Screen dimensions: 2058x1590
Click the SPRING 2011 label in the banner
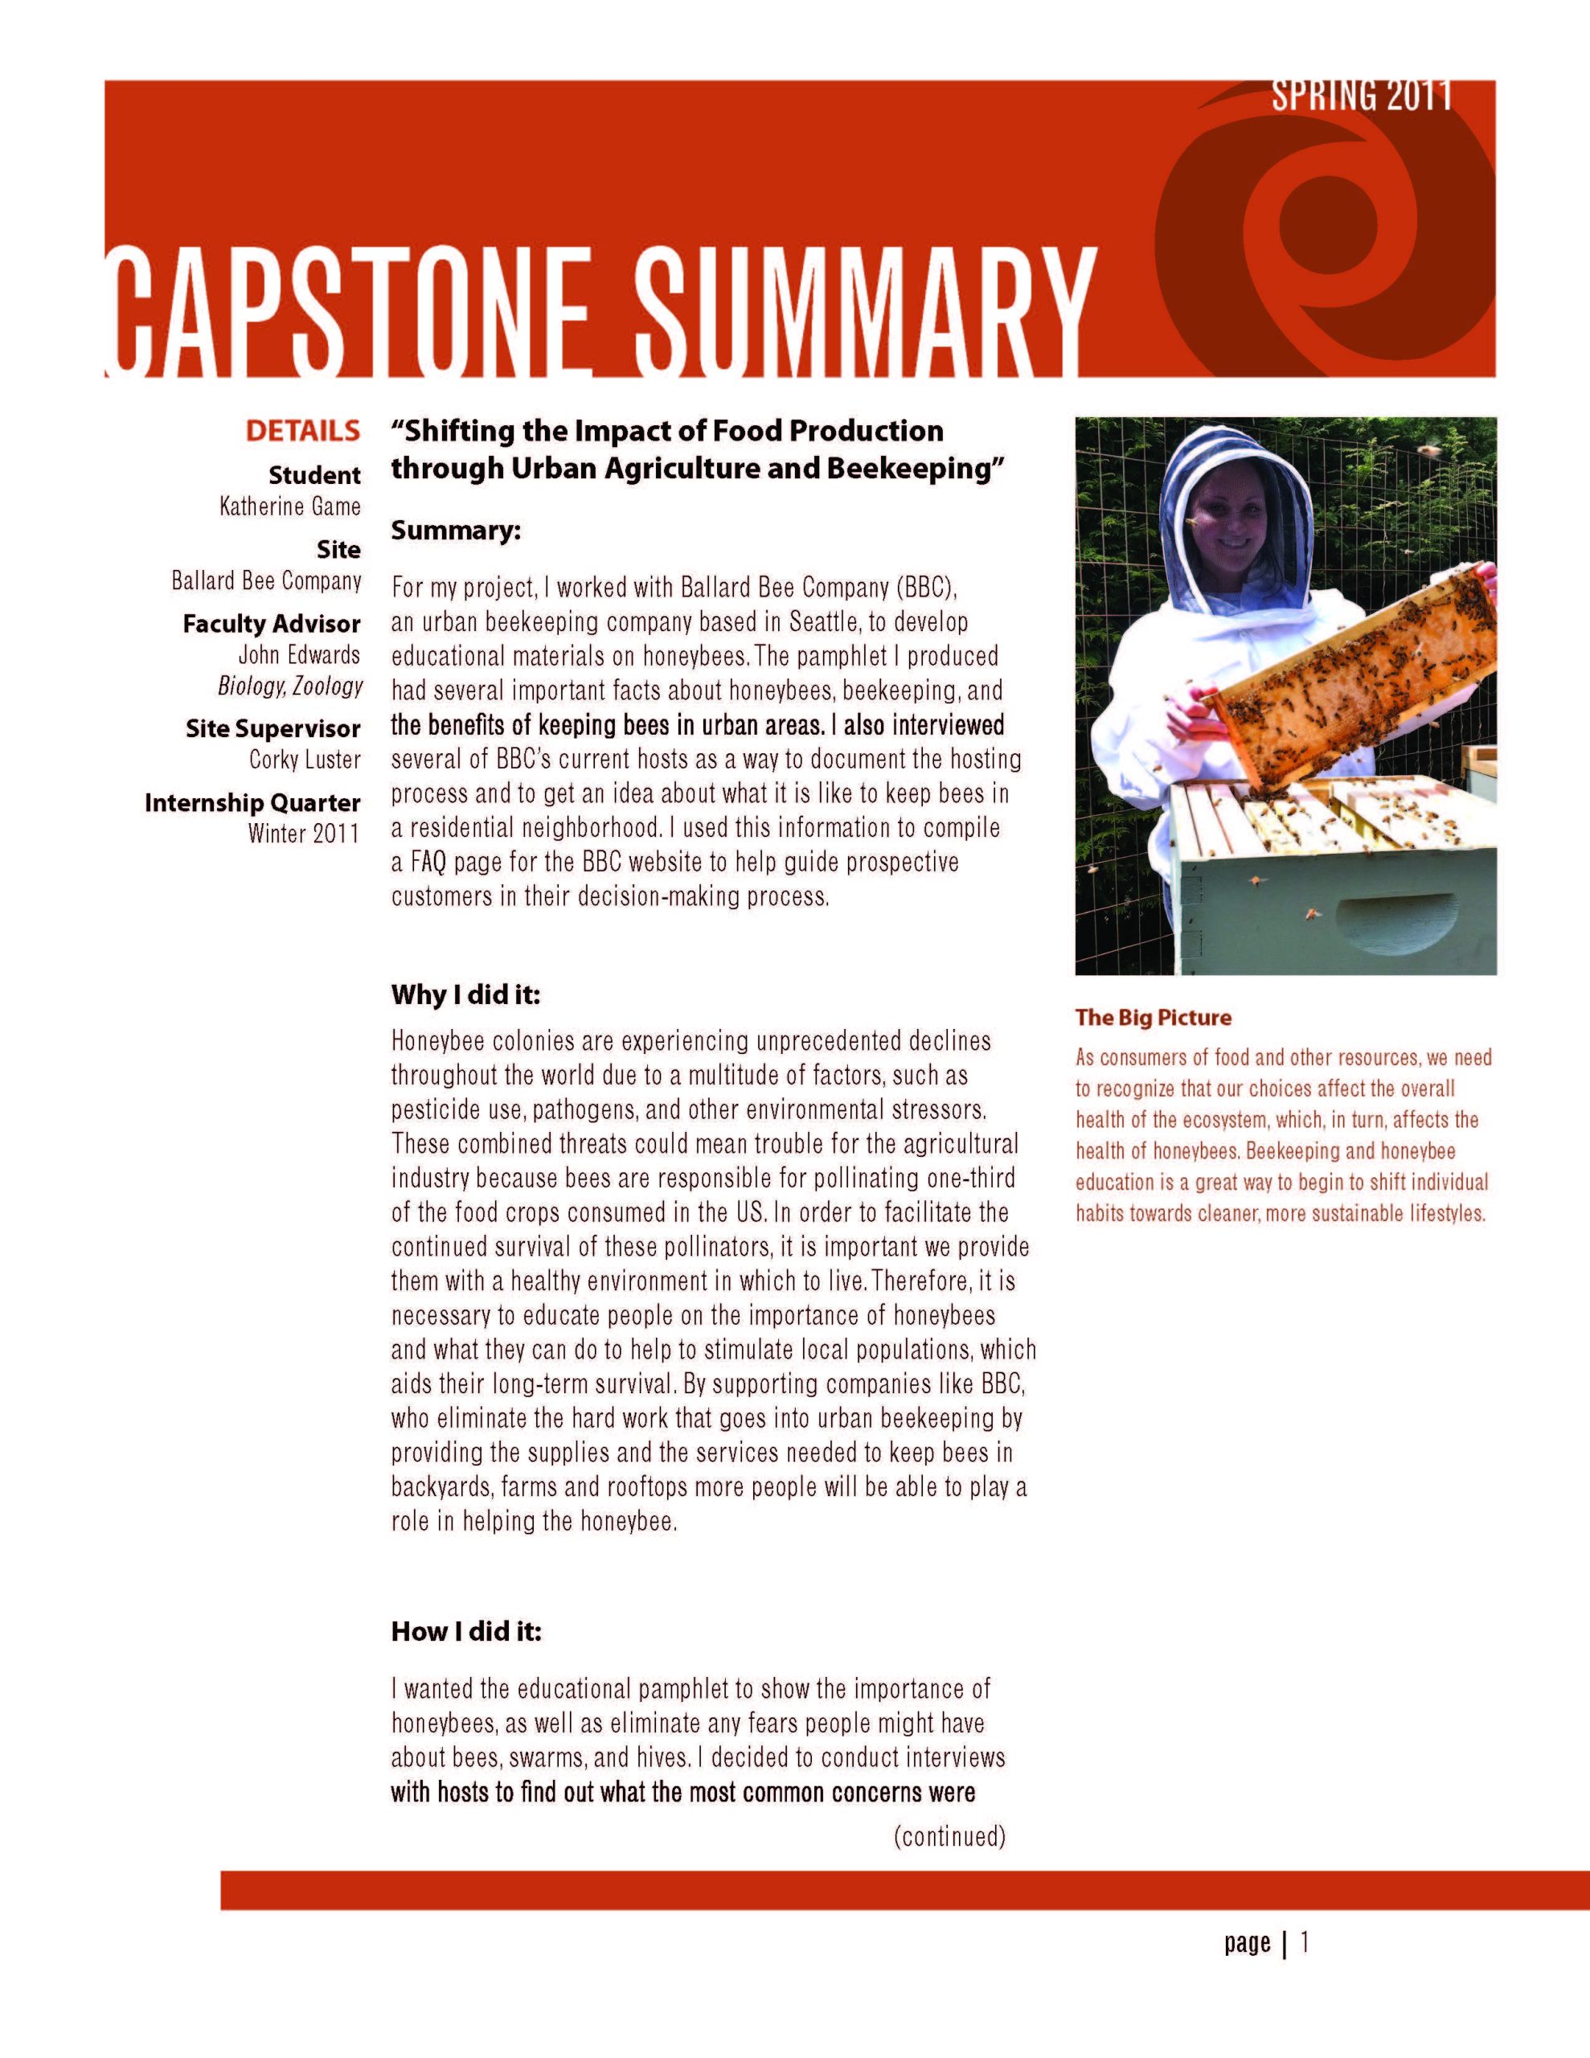click(x=1361, y=97)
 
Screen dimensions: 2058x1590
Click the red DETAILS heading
click(x=302, y=432)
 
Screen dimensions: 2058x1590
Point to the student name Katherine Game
click(x=290, y=507)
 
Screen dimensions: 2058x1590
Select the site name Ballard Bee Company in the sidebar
click(x=267, y=580)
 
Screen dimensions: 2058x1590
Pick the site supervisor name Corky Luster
click(x=305, y=760)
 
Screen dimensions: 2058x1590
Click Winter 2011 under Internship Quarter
click(x=304, y=833)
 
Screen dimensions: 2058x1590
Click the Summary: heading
click(x=456, y=531)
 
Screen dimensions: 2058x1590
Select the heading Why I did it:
click(x=465, y=995)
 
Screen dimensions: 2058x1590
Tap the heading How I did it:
click(x=466, y=1632)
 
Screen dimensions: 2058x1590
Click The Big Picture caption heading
click(x=1153, y=1018)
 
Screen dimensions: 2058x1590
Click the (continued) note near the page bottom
click(x=949, y=1837)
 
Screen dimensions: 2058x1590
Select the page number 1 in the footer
click(x=1305, y=1942)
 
